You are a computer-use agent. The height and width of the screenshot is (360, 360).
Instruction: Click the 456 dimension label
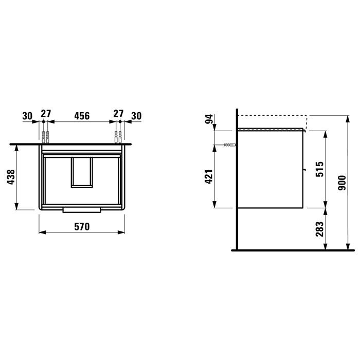click(82, 116)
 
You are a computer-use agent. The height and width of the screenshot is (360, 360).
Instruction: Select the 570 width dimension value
click(82, 227)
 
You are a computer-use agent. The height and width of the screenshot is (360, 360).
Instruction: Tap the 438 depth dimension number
click(11, 177)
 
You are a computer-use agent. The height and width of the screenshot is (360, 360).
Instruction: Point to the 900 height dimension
click(342, 183)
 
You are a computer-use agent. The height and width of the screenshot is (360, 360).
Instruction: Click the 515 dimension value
click(319, 169)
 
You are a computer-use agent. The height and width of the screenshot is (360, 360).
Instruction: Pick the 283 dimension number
click(319, 229)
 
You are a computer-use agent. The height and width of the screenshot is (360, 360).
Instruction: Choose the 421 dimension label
click(208, 177)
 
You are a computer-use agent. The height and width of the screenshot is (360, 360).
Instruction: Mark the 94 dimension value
click(209, 119)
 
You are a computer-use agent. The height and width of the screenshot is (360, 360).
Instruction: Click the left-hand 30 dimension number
click(27, 116)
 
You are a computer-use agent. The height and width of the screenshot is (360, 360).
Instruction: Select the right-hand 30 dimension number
click(136, 116)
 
